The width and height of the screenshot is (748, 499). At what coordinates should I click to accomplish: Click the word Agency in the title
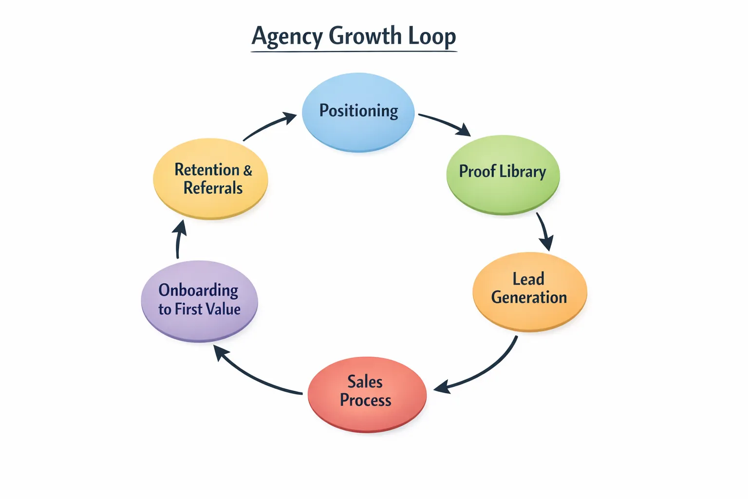point(287,37)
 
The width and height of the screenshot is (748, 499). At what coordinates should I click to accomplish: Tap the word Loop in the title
point(431,37)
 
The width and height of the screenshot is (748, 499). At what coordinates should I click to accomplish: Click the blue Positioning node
point(358,112)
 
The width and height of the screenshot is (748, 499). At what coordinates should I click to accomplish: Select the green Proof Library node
point(503,174)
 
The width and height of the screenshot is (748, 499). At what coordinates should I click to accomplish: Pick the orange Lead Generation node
point(529,291)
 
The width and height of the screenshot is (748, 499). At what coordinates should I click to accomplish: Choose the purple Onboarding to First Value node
point(199,301)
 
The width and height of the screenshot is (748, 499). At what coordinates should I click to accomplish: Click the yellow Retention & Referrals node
point(210,178)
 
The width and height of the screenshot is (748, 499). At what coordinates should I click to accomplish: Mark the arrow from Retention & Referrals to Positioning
point(269,125)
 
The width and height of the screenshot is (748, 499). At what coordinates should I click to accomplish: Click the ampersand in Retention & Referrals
point(247,170)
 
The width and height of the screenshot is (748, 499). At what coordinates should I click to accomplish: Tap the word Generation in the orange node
point(529,297)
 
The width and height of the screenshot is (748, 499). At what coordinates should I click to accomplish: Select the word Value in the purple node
point(223,309)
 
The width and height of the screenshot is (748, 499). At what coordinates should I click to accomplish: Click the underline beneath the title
point(354,51)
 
